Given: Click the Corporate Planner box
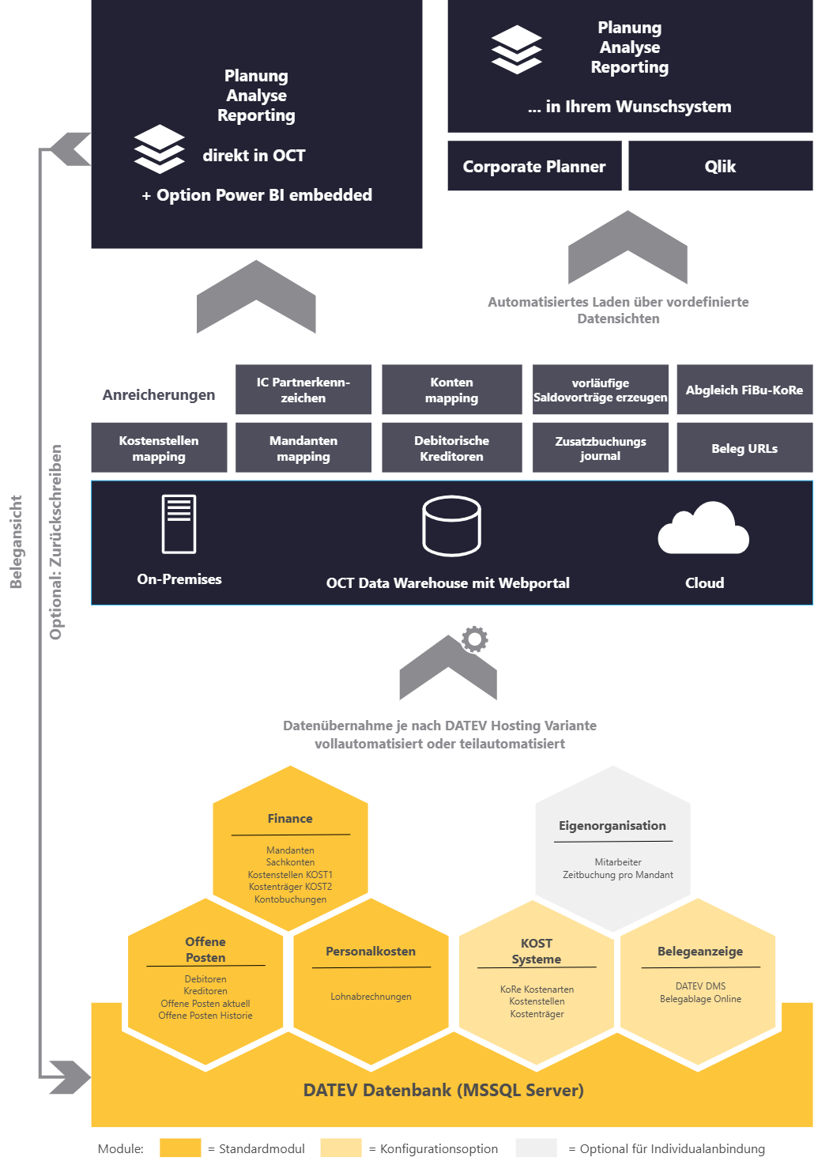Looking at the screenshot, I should click(534, 166).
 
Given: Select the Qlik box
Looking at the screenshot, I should click(720, 166).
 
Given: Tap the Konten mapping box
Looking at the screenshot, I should click(451, 390).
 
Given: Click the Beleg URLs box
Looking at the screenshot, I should click(744, 448).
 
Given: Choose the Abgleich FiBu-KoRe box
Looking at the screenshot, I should click(744, 390).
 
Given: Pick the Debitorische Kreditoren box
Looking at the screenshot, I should click(451, 448).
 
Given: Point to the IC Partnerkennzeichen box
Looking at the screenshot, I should click(303, 390).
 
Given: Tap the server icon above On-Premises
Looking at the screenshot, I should click(179, 523).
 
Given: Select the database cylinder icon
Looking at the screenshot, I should click(451, 526).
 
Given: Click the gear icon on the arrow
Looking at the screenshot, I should click(475, 639).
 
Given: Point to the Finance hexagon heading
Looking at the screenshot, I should click(290, 819).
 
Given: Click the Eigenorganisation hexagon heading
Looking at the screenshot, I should click(612, 826).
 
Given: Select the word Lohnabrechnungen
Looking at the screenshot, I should click(371, 997).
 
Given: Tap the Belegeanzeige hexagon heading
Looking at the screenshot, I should click(700, 952).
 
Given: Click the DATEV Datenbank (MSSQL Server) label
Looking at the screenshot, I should click(443, 1091).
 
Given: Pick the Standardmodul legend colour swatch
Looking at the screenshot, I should click(180, 1148).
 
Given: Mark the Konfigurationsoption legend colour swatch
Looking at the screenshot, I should click(341, 1148).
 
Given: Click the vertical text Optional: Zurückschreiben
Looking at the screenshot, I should click(56, 542).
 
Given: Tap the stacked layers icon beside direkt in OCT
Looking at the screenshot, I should click(159, 149).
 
